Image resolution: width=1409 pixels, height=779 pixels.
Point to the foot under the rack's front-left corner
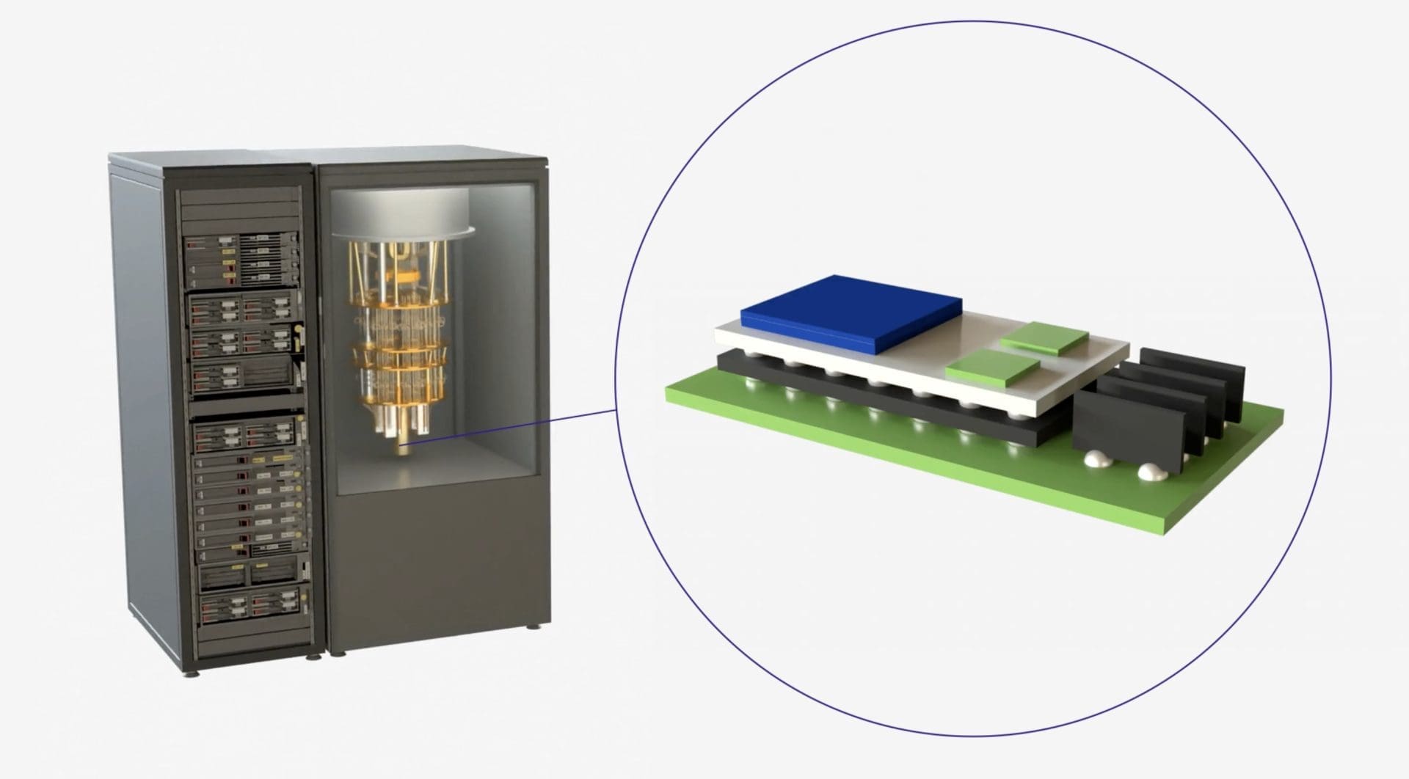tap(192, 673)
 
